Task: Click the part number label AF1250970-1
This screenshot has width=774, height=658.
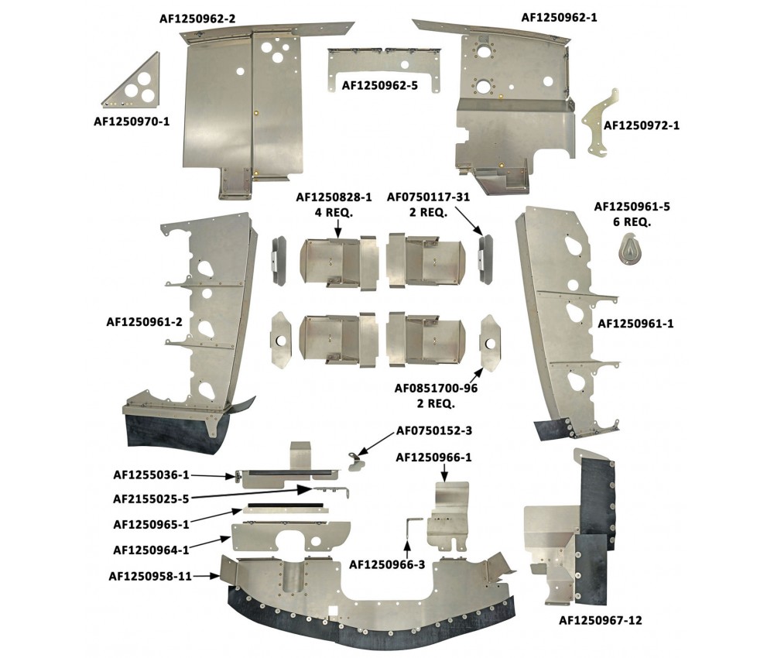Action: (132, 121)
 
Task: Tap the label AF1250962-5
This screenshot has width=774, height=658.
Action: (379, 85)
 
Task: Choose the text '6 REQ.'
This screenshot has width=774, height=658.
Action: (632, 222)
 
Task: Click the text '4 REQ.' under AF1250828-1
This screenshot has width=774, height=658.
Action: (334, 213)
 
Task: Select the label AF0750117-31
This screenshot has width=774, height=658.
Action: (428, 197)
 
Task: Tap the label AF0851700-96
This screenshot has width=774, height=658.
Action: (436, 389)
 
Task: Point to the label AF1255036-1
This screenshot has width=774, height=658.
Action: (151, 475)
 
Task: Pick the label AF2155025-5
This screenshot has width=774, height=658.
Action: (151, 499)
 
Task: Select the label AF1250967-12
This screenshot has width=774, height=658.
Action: (601, 621)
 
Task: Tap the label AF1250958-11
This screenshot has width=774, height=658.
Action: (150, 576)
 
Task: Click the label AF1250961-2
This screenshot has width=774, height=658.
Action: (144, 322)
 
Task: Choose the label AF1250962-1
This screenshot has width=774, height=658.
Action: (560, 18)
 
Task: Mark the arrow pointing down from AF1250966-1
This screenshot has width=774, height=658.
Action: (444, 473)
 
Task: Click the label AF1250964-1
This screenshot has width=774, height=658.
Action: (151, 550)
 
